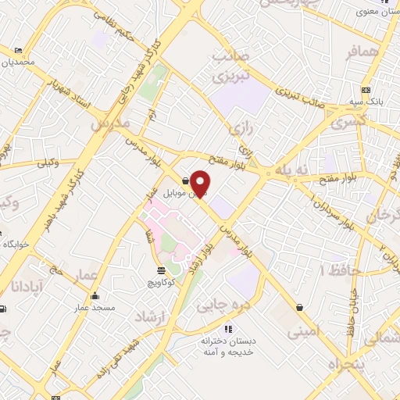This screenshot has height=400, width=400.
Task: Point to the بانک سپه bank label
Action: coord(366,100)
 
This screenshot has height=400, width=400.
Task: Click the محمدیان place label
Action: coord(18,62)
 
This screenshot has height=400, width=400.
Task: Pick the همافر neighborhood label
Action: coord(364,51)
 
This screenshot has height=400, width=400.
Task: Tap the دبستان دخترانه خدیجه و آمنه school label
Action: coord(228,346)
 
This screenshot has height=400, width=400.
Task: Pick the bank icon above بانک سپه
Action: coord(366,88)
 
